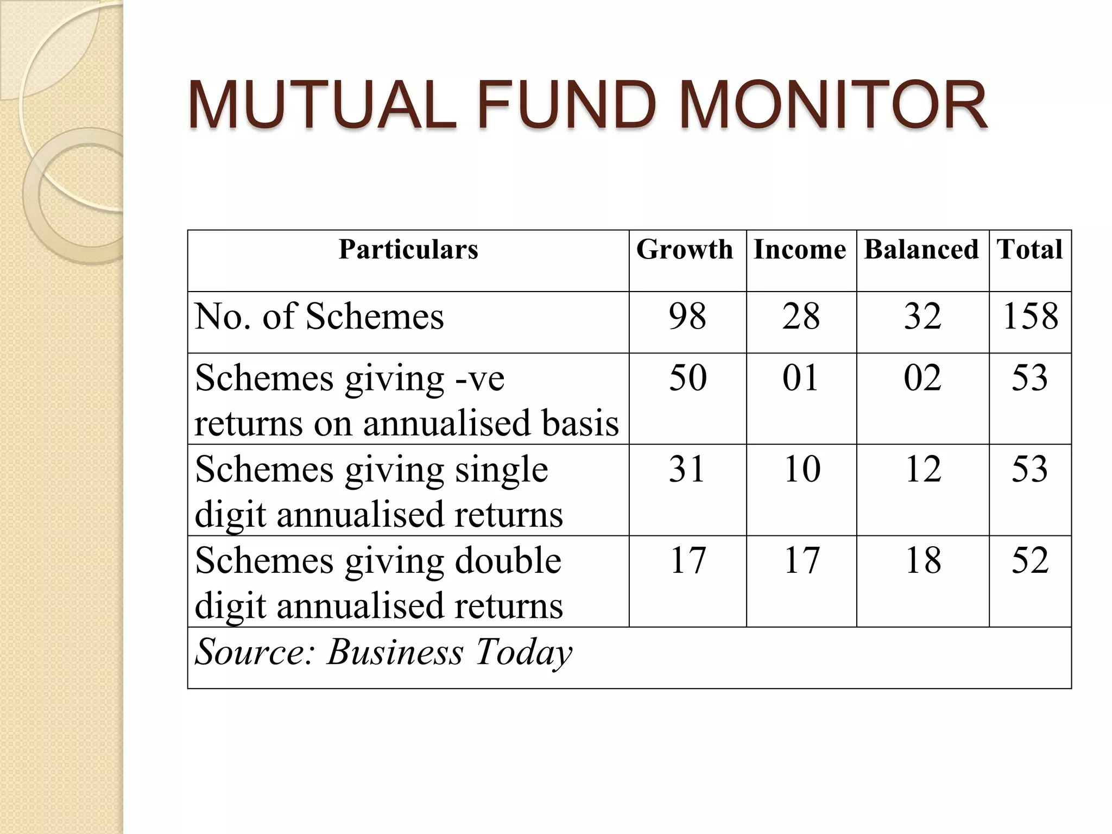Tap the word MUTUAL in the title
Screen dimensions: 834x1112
pyautogui.click(x=322, y=105)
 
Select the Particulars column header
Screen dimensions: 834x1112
pyautogui.click(x=408, y=250)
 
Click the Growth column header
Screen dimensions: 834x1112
pyautogui.click(x=685, y=250)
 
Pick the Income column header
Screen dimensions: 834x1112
pyautogui.click(x=800, y=250)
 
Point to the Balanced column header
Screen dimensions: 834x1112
pyautogui.click(x=921, y=250)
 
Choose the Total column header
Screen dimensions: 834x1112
pyautogui.click(x=1029, y=250)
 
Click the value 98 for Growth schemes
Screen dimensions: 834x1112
pyautogui.click(x=687, y=316)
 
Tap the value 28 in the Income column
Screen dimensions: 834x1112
pyautogui.click(x=801, y=316)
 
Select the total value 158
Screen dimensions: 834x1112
pyautogui.click(x=1030, y=316)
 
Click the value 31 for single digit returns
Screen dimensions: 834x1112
pyautogui.click(x=687, y=469)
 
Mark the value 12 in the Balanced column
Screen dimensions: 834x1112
pyautogui.click(x=923, y=469)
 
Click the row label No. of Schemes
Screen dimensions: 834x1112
pyautogui.click(x=319, y=316)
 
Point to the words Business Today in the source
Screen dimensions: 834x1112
pyautogui.click(x=449, y=652)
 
